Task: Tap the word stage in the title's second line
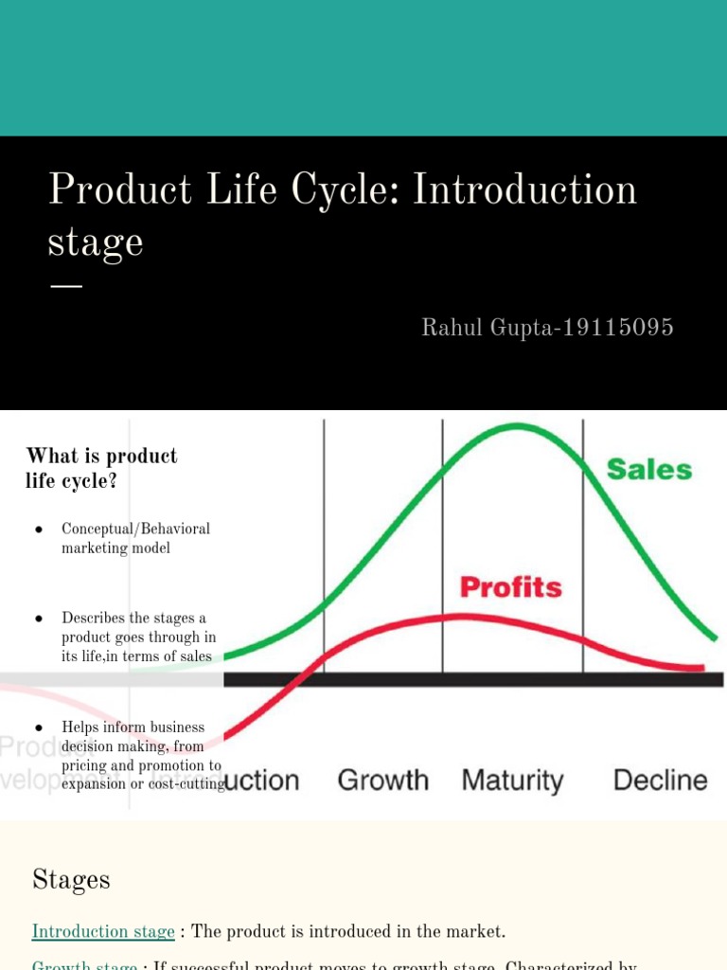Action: coord(95,243)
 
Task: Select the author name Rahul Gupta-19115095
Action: coord(547,328)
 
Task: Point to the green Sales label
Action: coord(648,469)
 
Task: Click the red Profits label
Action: coord(510,587)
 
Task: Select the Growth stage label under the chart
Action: coord(382,781)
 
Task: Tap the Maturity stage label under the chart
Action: coord(512,781)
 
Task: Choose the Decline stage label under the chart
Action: coord(660,781)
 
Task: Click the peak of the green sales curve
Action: coord(516,425)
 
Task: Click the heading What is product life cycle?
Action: coord(101,468)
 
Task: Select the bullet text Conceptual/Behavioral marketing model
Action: coord(135,538)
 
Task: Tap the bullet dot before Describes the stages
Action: coord(39,619)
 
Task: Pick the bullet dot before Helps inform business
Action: coord(39,727)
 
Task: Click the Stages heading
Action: coord(71,880)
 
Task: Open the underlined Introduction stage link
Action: coord(103,931)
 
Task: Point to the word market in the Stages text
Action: coord(472,931)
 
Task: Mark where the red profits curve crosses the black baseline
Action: coord(305,678)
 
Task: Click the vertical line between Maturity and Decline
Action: coord(582,549)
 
